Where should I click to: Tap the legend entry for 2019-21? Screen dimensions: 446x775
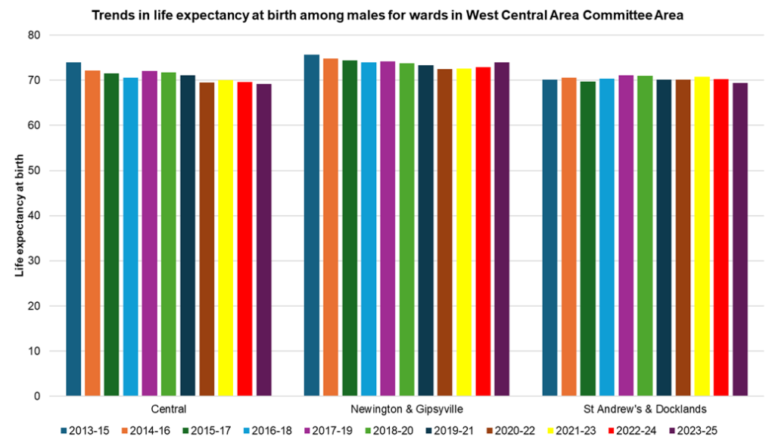click(x=462, y=431)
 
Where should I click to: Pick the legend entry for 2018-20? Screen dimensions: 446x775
click(x=400, y=431)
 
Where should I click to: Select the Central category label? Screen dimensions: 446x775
click(x=169, y=409)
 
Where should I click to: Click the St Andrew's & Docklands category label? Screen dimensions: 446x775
click(x=645, y=409)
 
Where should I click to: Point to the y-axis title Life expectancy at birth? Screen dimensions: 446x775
click(x=20, y=216)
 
